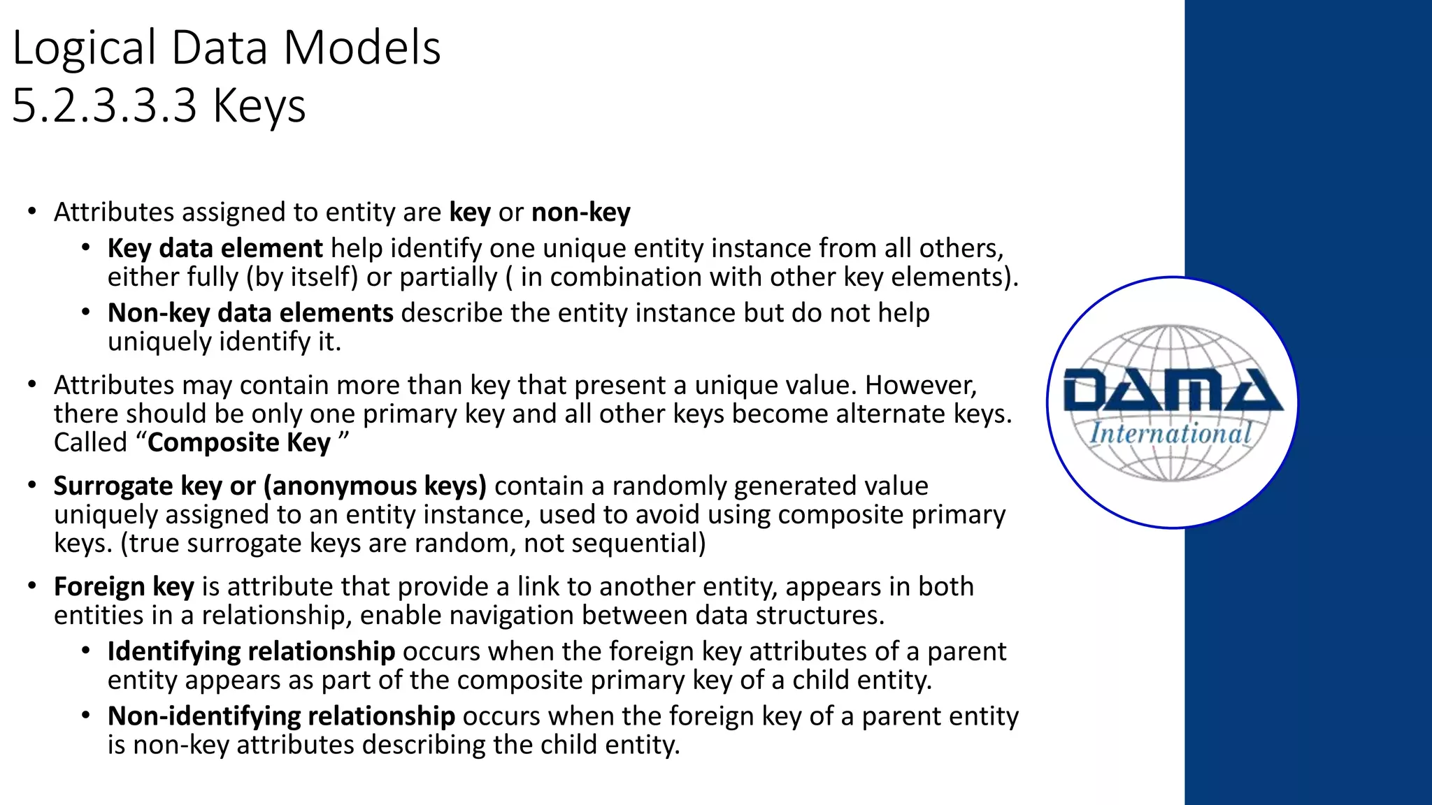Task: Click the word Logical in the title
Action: click(x=84, y=49)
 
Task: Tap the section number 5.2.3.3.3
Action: click(x=105, y=107)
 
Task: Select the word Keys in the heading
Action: click(x=259, y=107)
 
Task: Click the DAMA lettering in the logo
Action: click(x=1173, y=391)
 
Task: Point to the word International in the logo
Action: click(x=1170, y=434)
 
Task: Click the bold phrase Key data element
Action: click(x=215, y=249)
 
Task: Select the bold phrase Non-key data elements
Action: click(x=250, y=313)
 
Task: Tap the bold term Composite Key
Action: click(x=239, y=443)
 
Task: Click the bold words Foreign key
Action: click(x=124, y=587)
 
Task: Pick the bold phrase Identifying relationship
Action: click(x=251, y=651)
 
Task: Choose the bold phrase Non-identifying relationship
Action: click(x=281, y=716)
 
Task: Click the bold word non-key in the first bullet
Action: click(x=581, y=212)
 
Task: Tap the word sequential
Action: click(x=629, y=544)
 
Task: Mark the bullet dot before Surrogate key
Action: click(x=31, y=485)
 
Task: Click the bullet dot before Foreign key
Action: click(x=31, y=586)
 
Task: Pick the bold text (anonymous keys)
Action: click(x=375, y=486)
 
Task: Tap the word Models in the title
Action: click(x=361, y=49)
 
